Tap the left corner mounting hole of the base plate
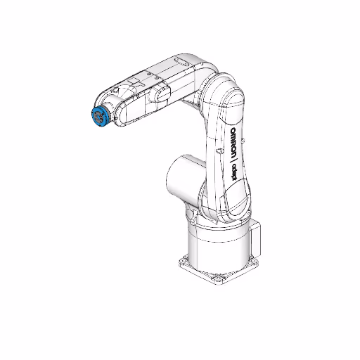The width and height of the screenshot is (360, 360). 184,261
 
